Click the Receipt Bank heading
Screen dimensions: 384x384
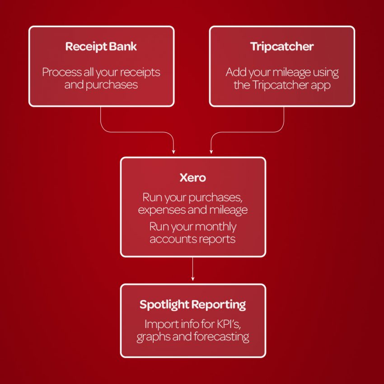point(101,47)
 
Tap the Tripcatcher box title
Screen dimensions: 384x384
point(282,47)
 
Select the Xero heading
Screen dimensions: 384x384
point(193,178)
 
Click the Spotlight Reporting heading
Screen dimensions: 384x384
point(193,305)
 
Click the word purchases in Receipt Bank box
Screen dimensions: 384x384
point(112,85)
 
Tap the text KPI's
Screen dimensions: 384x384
point(229,324)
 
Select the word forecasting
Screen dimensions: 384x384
point(221,337)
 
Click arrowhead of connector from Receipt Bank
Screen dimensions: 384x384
point(173,152)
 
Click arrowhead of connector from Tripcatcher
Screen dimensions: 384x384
point(211,152)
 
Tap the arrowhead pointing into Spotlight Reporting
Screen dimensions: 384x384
point(193,279)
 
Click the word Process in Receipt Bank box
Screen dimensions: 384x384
point(62,72)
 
